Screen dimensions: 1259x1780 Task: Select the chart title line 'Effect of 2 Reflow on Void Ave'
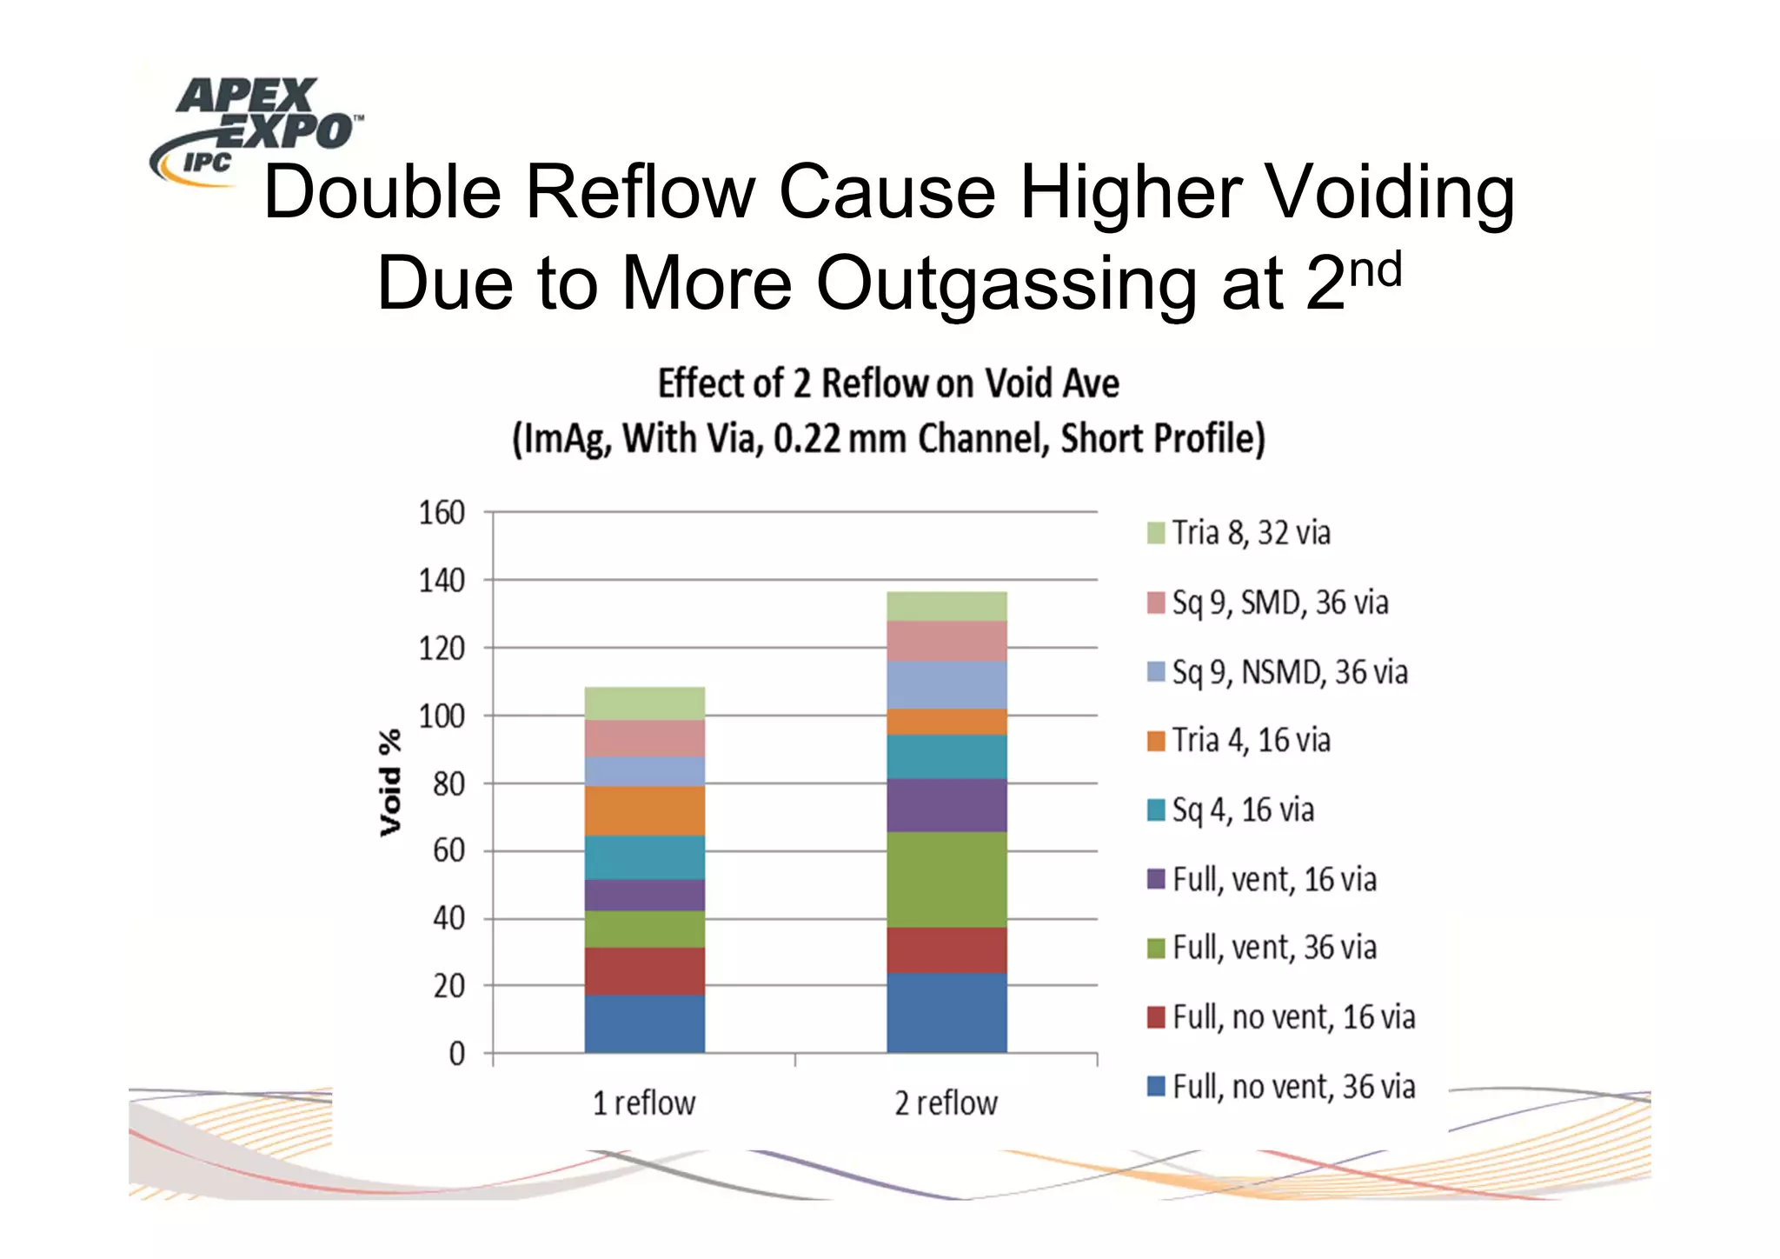coord(888,383)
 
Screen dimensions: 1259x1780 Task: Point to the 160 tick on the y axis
coord(442,513)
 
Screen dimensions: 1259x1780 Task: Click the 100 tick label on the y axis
coord(442,716)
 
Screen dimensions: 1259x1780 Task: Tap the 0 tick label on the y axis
coord(456,1054)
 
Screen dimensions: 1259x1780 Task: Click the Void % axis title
coord(391,783)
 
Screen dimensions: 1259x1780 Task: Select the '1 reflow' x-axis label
coord(644,1102)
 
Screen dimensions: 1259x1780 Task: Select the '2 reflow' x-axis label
coord(946,1102)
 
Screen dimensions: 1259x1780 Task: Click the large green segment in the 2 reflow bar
coord(946,879)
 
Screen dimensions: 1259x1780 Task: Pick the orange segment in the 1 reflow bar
coord(644,810)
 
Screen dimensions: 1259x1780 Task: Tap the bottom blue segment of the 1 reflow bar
coord(644,1023)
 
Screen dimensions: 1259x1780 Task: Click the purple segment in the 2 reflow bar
coord(946,805)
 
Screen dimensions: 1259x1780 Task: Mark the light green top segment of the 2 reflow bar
coord(946,606)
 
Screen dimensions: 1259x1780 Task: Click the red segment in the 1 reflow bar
coord(644,970)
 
